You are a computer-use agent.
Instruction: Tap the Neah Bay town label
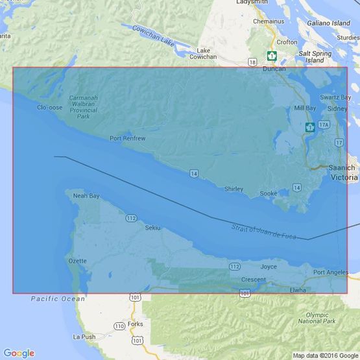[x=86, y=195]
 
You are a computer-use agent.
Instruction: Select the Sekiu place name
[x=152, y=228]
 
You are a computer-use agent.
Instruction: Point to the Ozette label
[x=77, y=261]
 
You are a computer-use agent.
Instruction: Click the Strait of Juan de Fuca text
[x=263, y=231]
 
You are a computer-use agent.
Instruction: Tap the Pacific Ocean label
[x=58, y=299]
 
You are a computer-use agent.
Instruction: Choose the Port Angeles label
[x=330, y=272]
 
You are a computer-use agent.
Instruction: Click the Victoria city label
[x=343, y=176]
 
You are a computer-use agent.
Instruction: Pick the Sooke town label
[x=268, y=193]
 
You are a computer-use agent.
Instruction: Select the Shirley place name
[x=234, y=189]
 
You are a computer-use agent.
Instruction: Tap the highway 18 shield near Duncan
[x=251, y=62]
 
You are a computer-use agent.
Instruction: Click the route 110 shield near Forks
[x=119, y=326]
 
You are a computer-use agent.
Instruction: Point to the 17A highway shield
[x=324, y=124]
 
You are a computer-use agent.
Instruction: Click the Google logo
[x=19, y=353]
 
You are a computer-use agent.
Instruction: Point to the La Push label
[x=84, y=337]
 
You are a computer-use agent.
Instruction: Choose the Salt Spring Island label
[x=314, y=56]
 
